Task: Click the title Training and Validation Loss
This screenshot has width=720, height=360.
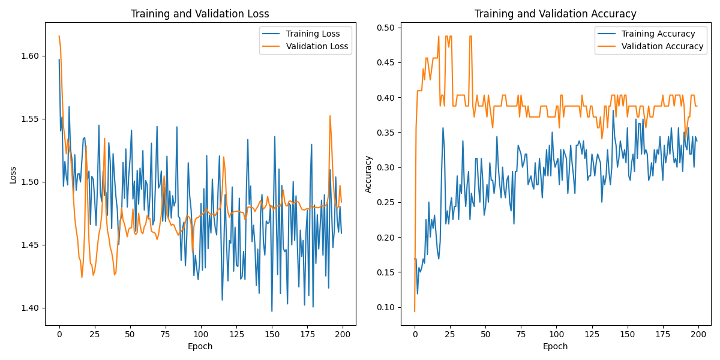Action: tap(200, 14)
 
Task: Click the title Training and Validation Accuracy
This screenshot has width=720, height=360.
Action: tap(555, 14)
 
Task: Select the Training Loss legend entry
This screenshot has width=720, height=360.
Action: tap(313, 34)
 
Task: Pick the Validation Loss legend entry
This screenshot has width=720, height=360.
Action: tap(317, 46)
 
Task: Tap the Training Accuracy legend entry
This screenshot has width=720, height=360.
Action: tap(658, 34)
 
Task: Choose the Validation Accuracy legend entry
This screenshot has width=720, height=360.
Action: tap(662, 46)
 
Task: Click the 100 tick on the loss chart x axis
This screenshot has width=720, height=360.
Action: tap(200, 334)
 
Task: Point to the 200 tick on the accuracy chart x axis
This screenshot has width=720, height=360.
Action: tap(698, 334)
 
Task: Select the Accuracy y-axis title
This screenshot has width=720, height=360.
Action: tap(368, 174)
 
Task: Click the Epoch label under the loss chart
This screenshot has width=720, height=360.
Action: tap(200, 346)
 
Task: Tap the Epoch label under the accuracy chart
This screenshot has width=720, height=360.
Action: tap(555, 346)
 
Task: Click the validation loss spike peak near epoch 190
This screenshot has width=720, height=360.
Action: tap(330, 116)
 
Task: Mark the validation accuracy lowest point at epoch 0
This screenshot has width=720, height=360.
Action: tap(415, 311)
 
